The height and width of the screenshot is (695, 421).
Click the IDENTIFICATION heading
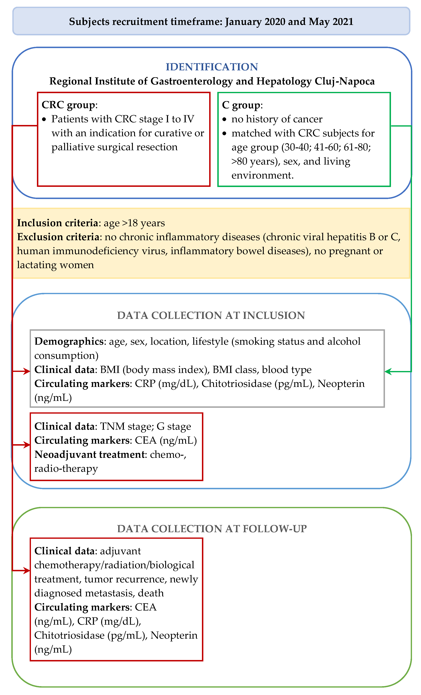point(211,67)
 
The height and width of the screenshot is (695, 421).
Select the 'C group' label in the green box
point(241,105)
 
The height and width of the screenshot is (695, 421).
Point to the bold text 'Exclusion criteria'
point(58,237)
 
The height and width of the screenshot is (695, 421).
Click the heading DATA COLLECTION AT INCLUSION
point(211,315)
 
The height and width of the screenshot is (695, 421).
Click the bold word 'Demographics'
point(69,341)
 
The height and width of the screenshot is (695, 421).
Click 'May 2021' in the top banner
point(331,22)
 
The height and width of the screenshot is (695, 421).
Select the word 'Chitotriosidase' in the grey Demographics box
point(236,384)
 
